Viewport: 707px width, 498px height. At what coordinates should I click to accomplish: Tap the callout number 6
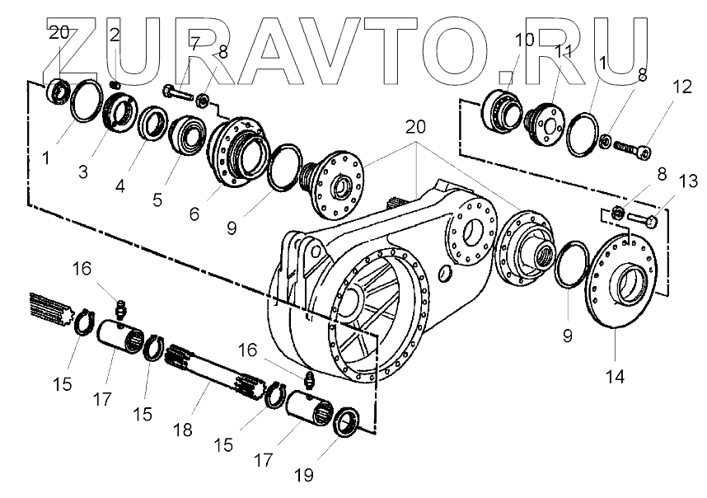coord(194,214)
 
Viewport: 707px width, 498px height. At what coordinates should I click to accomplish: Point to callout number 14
coord(616,376)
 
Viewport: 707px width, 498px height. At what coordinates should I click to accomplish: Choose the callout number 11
coord(564,51)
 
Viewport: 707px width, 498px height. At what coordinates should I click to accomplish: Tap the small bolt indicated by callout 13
coord(644,219)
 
